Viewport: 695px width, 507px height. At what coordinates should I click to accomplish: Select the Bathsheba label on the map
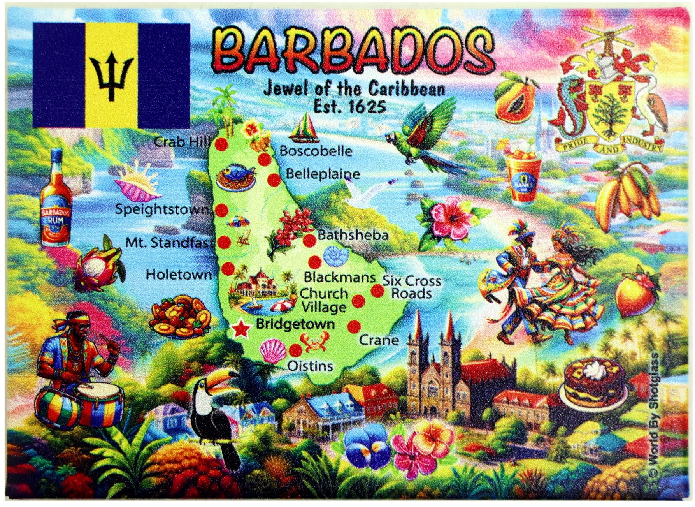(353, 235)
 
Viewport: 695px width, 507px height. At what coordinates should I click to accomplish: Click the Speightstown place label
(162, 209)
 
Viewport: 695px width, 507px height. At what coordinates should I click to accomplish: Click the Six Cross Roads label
(412, 287)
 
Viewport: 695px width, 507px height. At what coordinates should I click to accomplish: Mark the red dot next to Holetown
(228, 268)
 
